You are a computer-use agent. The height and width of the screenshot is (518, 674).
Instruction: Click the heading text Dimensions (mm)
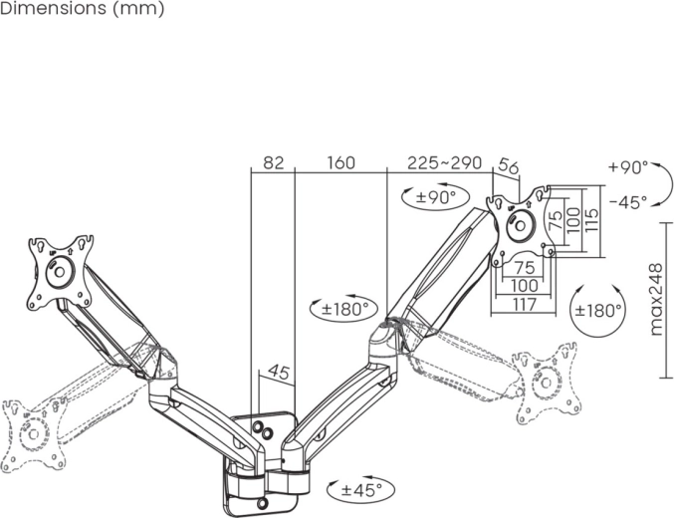click(x=82, y=9)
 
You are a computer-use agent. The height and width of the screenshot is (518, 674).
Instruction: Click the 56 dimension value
click(x=508, y=167)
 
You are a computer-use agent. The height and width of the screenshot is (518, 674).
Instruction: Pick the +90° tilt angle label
click(x=627, y=167)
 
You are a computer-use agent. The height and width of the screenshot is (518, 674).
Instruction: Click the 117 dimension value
click(x=523, y=304)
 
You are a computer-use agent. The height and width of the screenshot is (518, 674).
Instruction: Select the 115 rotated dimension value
click(x=590, y=216)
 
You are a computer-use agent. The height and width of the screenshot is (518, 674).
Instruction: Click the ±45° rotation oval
click(x=360, y=489)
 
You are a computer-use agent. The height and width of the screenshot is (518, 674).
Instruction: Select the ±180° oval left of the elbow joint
click(x=344, y=309)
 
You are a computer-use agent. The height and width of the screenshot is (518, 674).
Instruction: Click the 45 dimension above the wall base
click(x=279, y=374)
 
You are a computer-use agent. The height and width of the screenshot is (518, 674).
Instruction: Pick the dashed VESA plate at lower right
click(x=547, y=384)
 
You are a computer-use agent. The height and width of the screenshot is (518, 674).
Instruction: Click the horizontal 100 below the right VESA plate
click(x=523, y=285)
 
